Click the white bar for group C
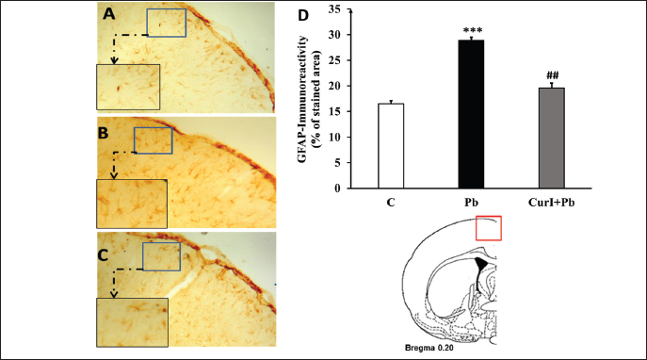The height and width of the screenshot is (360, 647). tap(391, 146)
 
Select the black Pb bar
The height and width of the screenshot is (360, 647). tap(471, 114)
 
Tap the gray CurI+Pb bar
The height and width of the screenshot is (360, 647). tap(551, 138)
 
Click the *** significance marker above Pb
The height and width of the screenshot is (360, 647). tap(473, 30)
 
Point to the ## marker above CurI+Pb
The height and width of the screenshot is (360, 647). tap(553, 75)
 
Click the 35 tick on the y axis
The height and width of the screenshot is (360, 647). tap(334, 9)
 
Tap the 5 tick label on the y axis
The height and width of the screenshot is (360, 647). tap(338, 163)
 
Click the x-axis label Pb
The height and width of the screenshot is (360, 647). tap(471, 203)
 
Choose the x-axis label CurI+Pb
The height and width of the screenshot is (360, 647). tap(551, 203)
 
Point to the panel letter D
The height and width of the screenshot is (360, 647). tap(303, 16)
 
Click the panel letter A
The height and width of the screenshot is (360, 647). tap(109, 14)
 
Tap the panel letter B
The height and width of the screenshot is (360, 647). tap(103, 133)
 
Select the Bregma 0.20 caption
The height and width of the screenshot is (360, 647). tap(429, 348)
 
